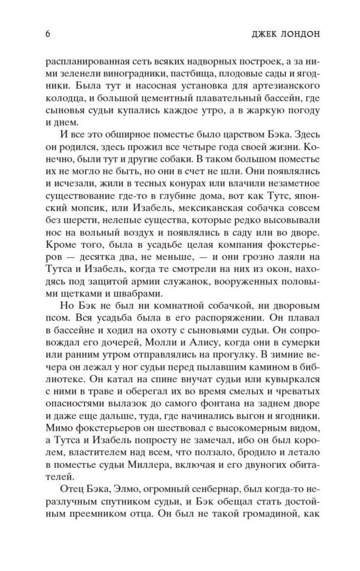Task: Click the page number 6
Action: [x=48, y=34]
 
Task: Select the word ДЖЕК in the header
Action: [x=264, y=34]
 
